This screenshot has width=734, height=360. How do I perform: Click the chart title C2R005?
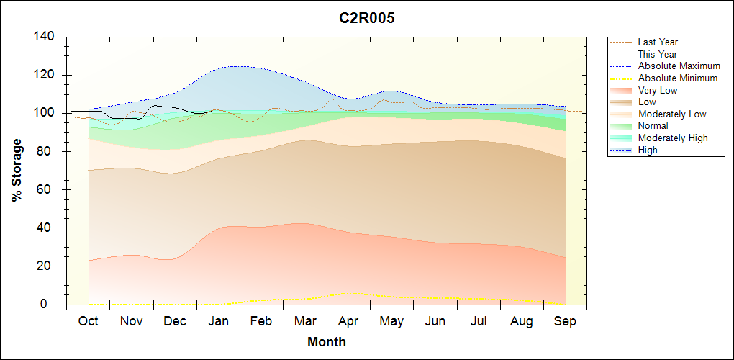(x=367, y=18)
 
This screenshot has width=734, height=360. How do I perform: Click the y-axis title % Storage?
(x=17, y=174)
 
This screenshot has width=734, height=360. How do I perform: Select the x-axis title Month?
(x=327, y=342)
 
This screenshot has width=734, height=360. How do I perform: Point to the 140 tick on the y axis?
(x=46, y=37)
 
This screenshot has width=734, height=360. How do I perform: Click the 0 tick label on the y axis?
(x=53, y=305)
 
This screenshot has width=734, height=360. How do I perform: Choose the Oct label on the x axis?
(x=89, y=321)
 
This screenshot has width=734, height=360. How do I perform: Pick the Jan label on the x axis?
(x=219, y=321)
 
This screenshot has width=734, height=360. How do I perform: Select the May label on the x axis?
(x=391, y=321)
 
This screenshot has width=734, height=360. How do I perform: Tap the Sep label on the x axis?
(x=565, y=321)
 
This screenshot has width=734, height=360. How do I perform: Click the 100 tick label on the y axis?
(x=46, y=113)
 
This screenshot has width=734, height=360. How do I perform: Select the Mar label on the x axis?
(x=305, y=321)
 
